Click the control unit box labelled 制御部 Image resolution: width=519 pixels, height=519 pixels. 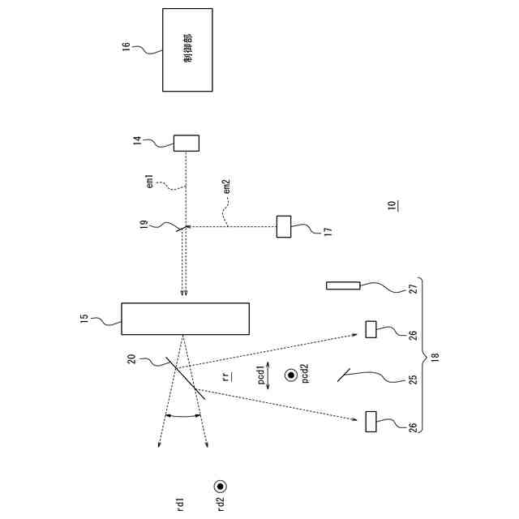(187, 49)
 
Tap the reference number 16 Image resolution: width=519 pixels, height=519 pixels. (126, 47)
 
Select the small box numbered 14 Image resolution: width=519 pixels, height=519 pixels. (187, 143)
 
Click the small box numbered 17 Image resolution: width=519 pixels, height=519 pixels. (284, 226)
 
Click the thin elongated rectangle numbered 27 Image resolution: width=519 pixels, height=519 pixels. (343, 285)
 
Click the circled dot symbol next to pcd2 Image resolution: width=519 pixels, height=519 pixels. (290, 375)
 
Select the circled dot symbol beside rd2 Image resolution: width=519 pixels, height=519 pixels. (220, 487)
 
